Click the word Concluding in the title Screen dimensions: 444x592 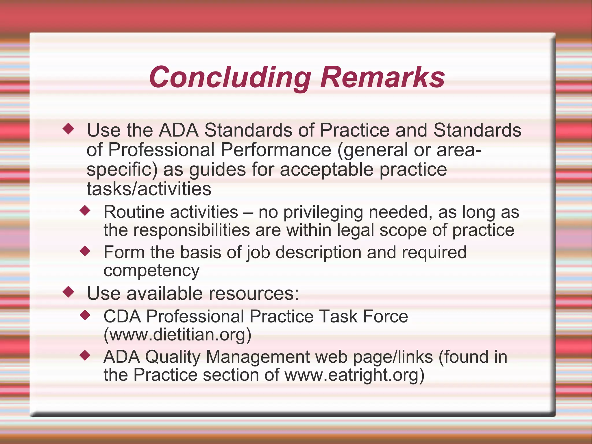click(230, 77)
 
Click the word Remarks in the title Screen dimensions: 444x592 click(383, 77)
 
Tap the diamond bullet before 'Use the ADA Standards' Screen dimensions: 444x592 click(69, 128)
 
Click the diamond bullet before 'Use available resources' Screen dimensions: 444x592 click(69, 292)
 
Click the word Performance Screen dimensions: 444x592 click(275, 150)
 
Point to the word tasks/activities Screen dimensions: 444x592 click(149, 189)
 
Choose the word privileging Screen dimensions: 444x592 click(323, 213)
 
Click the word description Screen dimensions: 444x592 click(318, 253)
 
